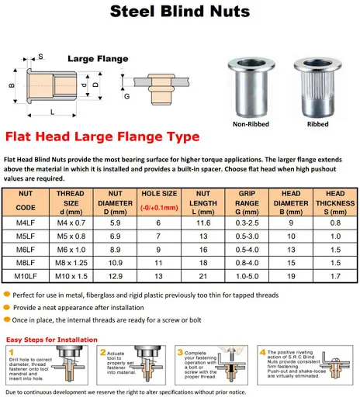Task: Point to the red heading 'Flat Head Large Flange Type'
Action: [113, 137]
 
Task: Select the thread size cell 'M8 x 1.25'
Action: [71, 263]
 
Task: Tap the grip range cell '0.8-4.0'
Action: [248, 263]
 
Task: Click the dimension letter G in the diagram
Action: [126, 96]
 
